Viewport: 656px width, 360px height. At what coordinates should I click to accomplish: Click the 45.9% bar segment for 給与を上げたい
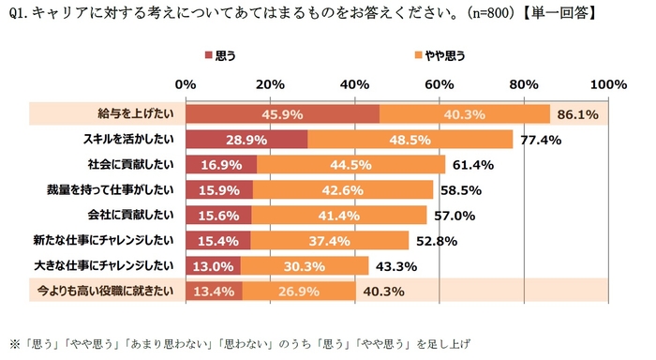282,114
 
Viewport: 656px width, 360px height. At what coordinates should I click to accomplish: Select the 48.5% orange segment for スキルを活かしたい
410,140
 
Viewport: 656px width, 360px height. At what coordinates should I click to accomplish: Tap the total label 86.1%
578,114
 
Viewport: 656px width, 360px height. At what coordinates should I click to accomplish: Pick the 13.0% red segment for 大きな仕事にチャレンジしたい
213,266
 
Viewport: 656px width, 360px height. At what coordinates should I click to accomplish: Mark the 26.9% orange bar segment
299,292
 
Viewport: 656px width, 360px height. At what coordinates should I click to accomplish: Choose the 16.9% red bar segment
221,165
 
